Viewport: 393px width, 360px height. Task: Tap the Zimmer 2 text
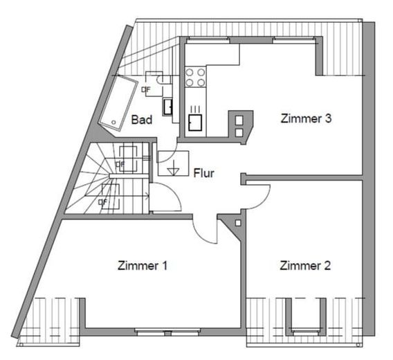click(305, 266)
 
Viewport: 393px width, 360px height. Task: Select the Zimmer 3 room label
click(306, 118)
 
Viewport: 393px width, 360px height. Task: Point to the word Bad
click(142, 120)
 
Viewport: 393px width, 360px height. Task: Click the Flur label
click(203, 173)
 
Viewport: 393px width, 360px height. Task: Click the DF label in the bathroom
click(146, 89)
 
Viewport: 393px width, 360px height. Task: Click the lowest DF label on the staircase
click(103, 202)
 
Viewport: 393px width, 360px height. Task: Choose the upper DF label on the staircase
click(120, 164)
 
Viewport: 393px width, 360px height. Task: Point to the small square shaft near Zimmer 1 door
click(237, 224)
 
